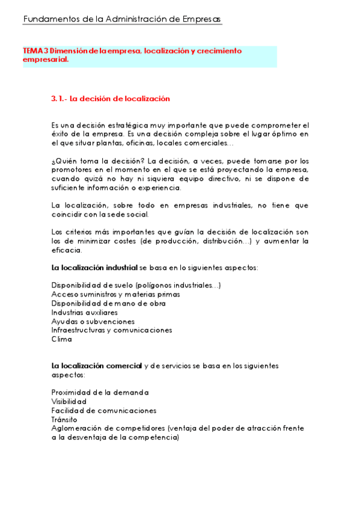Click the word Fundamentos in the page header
pyautogui.click(x=49, y=19)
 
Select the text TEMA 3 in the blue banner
pyautogui.click(x=35, y=51)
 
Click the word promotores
pyautogui.click(x=73, y=170)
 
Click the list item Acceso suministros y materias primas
pyautogui.click(x=115, y=294)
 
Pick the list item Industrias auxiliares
pyautogui.click(x=84, y=312)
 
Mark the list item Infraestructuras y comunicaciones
pyautogui.click(x=112, y=330)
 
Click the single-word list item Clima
pyautogui.click(x=61, y=339)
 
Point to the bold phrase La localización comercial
pyautogui.click(x=97, y=366)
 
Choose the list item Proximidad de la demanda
pyautogui.click(x=100, y=393)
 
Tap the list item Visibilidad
pyautogui.click(x=69, y=401)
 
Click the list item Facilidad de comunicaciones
pyautogui.click(x=104, y=410)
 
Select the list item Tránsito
pyautogui.click(x=64, y=419)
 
